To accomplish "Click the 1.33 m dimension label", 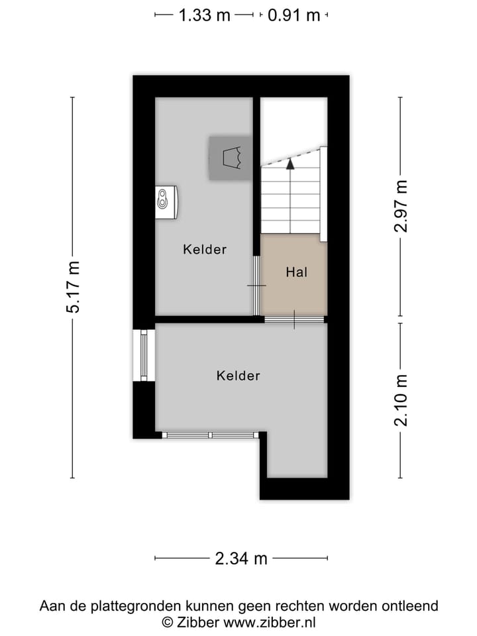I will [x=204, y=15].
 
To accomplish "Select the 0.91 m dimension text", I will [x=293, y=15].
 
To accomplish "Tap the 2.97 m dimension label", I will [x=400, y=206].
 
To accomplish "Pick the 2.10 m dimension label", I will [x=400, y=400].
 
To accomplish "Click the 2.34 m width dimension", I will [x=241, y=558].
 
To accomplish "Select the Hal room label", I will [x=296, y=272].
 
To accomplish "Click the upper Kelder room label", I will [x=205, y=250].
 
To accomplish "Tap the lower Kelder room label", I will [x=238, y=376].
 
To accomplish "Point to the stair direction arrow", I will [x=290, y=164].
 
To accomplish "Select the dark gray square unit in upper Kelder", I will [x=230, y=158].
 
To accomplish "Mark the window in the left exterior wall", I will [x=143, y=354].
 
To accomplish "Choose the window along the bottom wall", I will [x=210, y=435].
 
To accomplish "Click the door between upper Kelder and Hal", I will [x=257, y=285].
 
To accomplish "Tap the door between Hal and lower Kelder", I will [x=294, y=320].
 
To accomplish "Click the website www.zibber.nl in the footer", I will [x=270, y=622].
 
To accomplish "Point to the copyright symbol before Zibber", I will [x=168, y=622].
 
